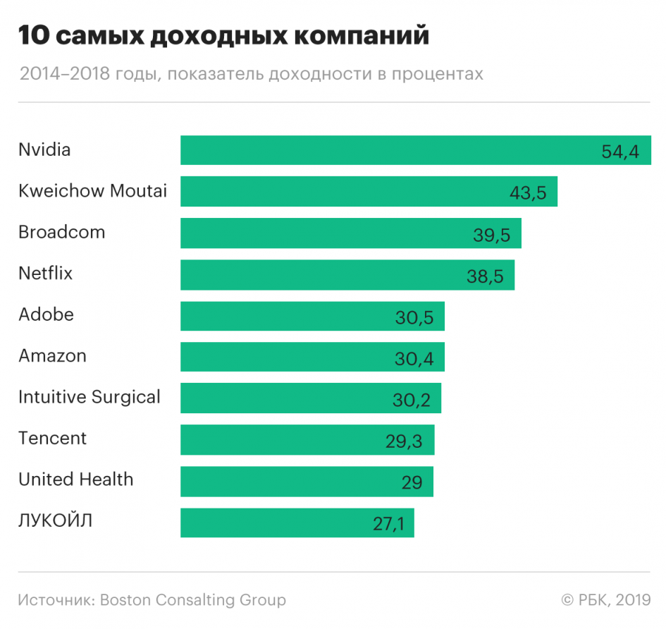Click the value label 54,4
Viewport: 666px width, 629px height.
pos(621,152)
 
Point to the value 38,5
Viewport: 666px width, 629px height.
pos(485,276)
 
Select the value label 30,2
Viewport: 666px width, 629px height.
pos(412,400)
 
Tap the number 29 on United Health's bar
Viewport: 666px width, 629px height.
pos(412,482)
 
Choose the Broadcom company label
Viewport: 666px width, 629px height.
pos(62,232)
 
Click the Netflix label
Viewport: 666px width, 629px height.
pos(46,273)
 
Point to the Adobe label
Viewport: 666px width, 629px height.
pos(47,314)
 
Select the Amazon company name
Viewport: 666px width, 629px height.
pos(53,355)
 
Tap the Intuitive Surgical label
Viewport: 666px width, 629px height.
pos(90,397)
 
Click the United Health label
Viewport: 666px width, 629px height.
pos(76,480)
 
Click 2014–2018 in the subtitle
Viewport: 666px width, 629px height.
pos(64,74)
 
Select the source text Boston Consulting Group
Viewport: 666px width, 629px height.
pos(193,600)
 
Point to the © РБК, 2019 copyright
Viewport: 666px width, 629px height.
pos(605,600)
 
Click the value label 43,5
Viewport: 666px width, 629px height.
pos(528,193)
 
